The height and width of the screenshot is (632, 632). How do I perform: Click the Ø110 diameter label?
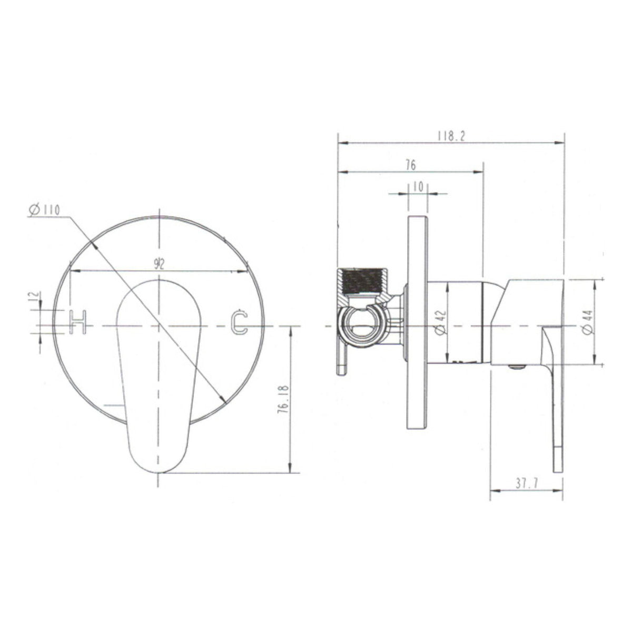[44, 209]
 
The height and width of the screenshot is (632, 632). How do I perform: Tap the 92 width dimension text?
[159, 264]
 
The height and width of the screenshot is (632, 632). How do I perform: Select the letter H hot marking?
[78, 322]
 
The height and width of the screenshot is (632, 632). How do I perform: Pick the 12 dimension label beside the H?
[35, 296]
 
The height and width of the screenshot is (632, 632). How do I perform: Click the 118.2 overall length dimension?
[451, 136]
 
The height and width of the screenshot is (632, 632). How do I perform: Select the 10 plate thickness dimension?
[418, 187]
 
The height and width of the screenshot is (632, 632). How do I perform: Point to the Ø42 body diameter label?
[441, 322]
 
